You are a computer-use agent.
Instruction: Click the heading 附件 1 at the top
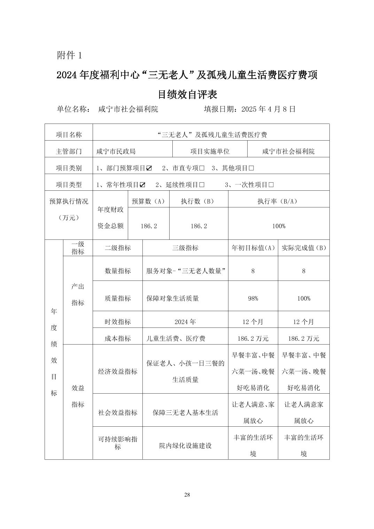pyautogui.click(x=69, y=55)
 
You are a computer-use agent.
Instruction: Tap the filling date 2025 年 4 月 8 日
pyautogui.click(x=250, y=109)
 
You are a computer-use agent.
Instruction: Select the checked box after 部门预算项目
pyautogui.click(x=149, y=168)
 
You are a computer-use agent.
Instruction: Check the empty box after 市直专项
pyautogui.click(x=202, y=168)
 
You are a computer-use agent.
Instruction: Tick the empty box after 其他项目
pyautogui.click(x=251, y=168)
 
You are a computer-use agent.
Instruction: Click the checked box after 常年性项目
pyautogui.click(x=142, y=185)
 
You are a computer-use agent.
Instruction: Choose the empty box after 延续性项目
pyautogui.click(x=202, y=185)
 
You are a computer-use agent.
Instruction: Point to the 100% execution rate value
pyautogui.click(x=279, y=226)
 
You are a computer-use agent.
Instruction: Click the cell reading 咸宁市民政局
pyautogui.click(x=116, y=151)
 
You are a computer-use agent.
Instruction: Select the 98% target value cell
pyautogui.click(x=253, y=299)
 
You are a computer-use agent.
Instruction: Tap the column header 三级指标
pyautogui.click(x=185, y=248)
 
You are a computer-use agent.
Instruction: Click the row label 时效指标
pyautogui.click(x=118, y=322)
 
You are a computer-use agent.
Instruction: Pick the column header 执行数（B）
pyautogui.click(x=198, y=202)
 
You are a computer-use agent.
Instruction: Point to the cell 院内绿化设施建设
pyautogui.click(x=185, y=446)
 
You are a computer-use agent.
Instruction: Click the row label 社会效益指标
pyautogui.click(x=118, y=413)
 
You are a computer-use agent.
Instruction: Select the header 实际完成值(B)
pyautogui.click(x=304, y=248)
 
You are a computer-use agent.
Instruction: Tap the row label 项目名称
pyautogui.click(x=69, y=135)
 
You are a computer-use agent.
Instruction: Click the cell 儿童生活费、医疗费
pyautogui.click(x=176, y=339)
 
